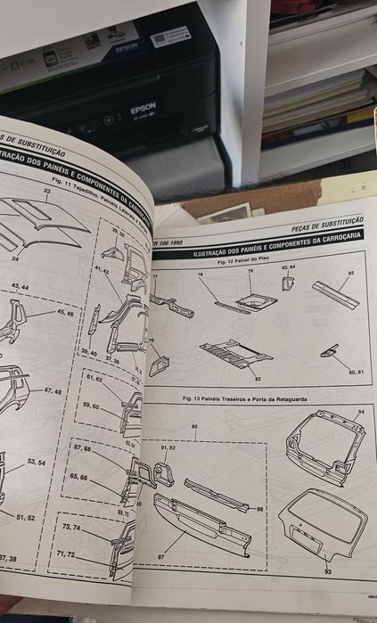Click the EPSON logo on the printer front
(143, 109)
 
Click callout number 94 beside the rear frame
(360, 413)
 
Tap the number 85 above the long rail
(351, 272)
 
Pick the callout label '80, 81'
(357, 370)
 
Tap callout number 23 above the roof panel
(46, 191)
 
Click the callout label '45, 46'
(66, 314)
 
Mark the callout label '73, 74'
(71, 528)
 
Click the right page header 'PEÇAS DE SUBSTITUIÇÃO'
(328, 219)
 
